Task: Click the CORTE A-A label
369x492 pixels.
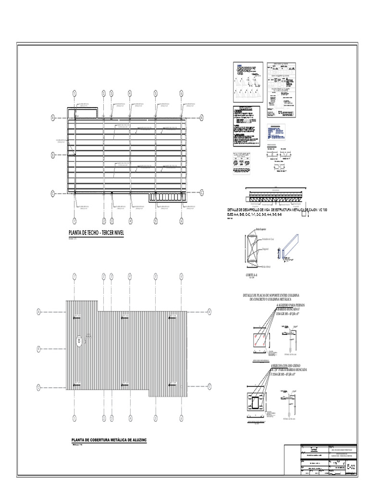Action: tap(251, 274)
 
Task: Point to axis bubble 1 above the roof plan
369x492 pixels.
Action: tap(74, 93)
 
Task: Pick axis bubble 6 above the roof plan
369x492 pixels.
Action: tap(182, 93)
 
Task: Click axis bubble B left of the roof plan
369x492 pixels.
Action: tap(53, 155)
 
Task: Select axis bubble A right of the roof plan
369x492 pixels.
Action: tap(204, 117)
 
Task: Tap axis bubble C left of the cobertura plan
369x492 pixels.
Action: tap(38, 386)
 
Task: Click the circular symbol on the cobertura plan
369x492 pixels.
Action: tap(78, 342)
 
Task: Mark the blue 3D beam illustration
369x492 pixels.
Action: tap(290, 250)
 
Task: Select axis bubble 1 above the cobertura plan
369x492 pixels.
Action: tap(74, 276)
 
